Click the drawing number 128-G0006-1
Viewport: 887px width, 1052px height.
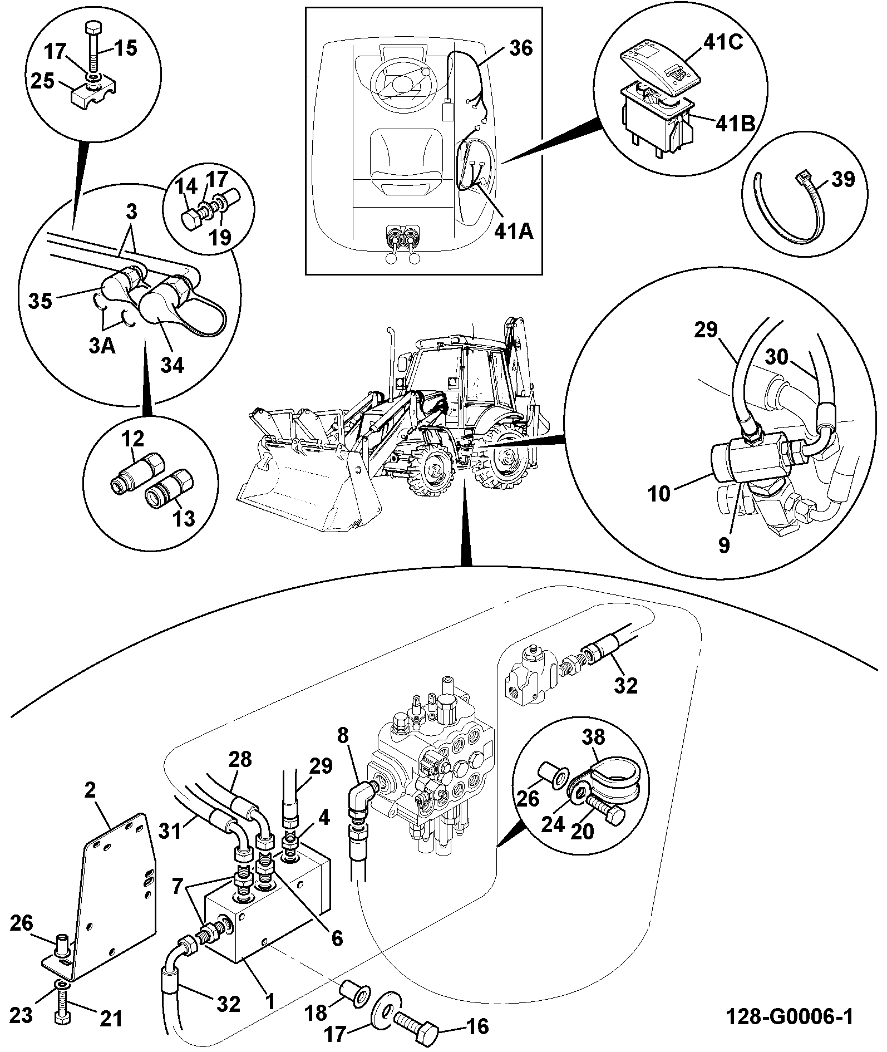point(789,1017)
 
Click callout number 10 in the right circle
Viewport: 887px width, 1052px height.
point(659,493)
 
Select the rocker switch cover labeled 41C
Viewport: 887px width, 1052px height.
point(659,66)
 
